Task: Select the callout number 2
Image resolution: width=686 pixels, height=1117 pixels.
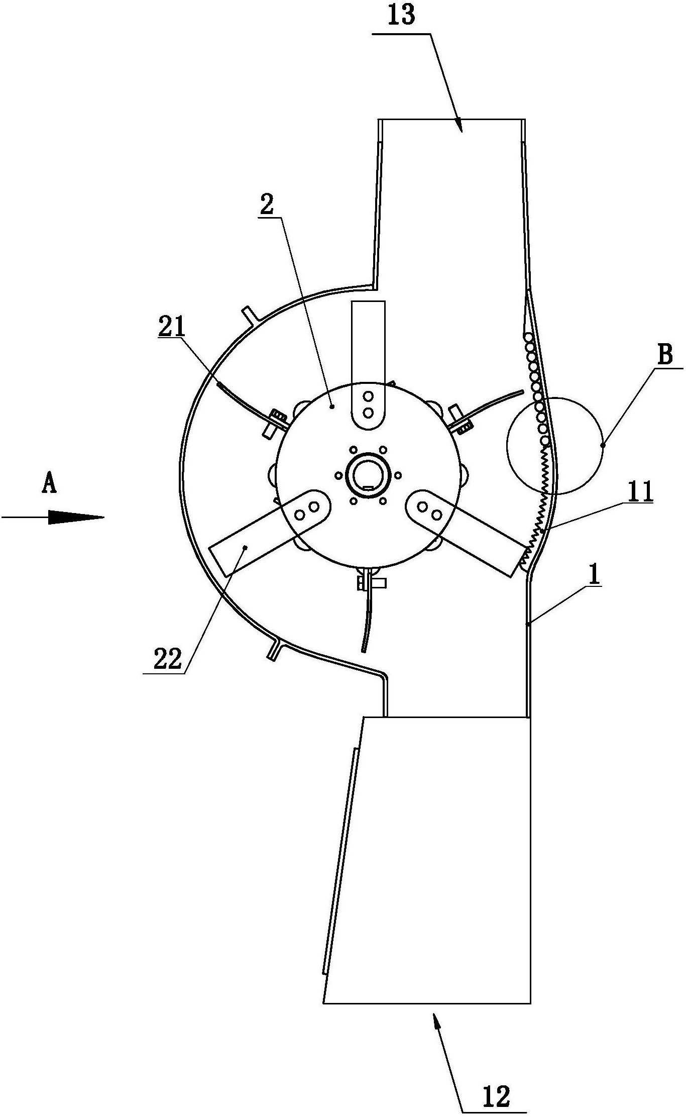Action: (267, 205)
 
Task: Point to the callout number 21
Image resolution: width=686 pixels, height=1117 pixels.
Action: (171, 327)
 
